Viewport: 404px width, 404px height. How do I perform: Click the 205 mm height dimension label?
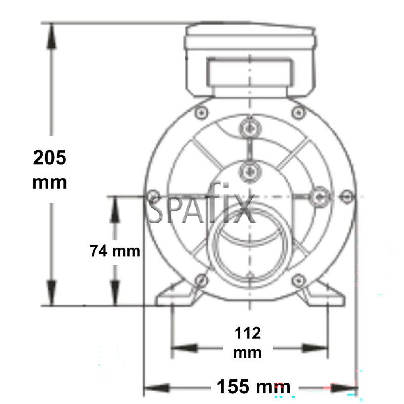click(49, 170)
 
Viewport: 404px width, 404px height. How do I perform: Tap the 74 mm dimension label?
click(115, 251)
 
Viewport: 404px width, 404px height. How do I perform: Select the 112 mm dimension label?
click(248, 343)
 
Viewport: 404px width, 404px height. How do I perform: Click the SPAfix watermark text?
click(202, 210)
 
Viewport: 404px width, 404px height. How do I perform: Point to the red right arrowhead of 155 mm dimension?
click(343, 388)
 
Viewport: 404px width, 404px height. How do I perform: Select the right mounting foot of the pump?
click(323, 295)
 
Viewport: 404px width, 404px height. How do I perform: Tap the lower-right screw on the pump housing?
click(298, 279)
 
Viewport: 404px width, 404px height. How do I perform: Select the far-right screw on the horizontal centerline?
click(347, 196)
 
